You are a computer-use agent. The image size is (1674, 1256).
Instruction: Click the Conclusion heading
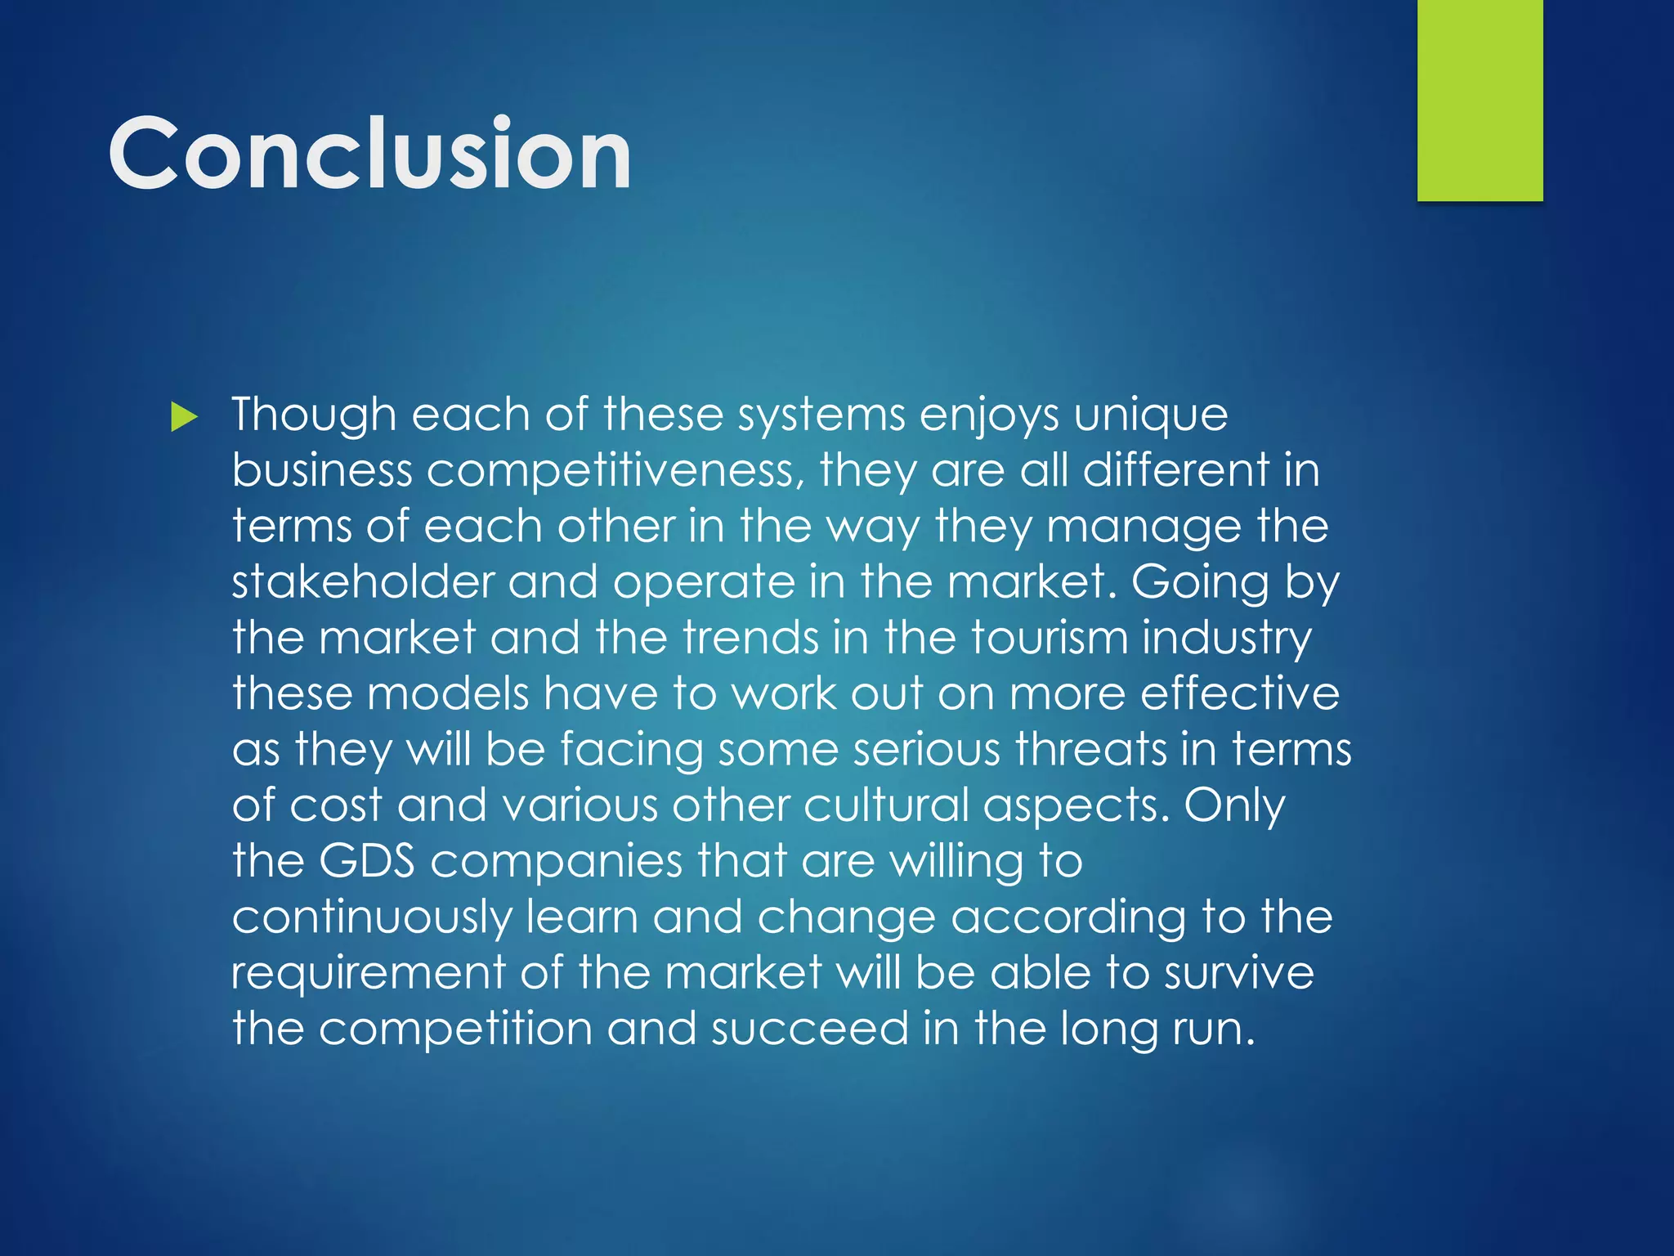[x=369, y=154]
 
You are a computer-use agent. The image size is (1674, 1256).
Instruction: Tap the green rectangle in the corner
[x=1479, y=100]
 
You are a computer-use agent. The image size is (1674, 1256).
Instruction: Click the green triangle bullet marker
[x=185, y=418]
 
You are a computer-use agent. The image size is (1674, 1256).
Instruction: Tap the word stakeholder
[x=363, y=582]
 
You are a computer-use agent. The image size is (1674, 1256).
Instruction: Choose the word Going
[x=1200, y=584]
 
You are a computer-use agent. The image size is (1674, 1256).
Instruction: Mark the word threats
[x=1090, y=749]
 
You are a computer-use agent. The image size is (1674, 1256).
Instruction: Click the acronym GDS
[x=366, y=861]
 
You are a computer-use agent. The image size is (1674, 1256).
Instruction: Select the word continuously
[x=371, y=917]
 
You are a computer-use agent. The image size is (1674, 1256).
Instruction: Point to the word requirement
[x=368, y=974]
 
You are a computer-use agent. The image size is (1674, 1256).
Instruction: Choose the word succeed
[x=809, y=1029]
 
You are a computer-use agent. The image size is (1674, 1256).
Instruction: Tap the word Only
[x=1234, y=806]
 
